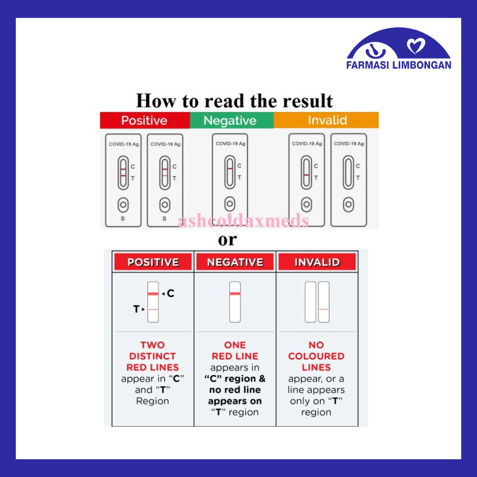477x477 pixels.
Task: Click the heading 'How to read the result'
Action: [x=234, y=101]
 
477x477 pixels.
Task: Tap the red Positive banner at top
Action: [x=144, y=120]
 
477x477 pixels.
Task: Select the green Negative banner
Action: [x=230, y=120]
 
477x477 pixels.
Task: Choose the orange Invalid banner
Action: [x=327, y=120]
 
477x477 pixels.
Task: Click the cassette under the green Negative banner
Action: [x=230, y=179]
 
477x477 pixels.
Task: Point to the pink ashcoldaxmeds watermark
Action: [x=243, y=220]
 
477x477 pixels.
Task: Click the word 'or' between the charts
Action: [x=227, y=240]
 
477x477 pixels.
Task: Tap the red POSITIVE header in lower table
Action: [x=153, y=262]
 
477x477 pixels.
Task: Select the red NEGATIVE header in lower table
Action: [x=235, y=262]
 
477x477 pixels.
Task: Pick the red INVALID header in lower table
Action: [x=317, y=262]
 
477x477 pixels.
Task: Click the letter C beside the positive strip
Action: [x=170, y=293]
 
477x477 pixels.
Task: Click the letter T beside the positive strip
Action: [x=136, y=309]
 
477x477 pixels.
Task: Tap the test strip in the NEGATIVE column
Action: [x=235, y=302]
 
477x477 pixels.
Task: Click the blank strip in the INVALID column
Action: [x=310, y=302]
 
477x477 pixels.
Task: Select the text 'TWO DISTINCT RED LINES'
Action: [x=153, y=356]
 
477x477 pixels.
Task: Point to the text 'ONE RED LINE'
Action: [x=235, y=351]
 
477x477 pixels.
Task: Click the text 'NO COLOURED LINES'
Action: [x=316, y=356]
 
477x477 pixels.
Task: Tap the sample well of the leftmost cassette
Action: [x=123, y=205]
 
